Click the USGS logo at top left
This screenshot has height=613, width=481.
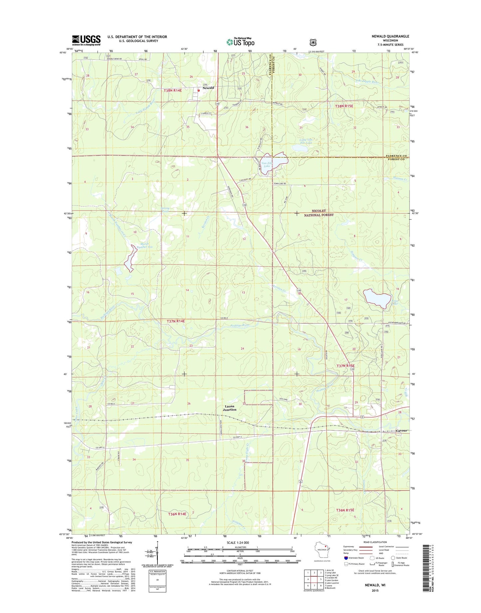[x=86, y=40]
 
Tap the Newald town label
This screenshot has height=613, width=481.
[x=208, y=88]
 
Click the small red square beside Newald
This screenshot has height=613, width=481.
[x=199, y=90]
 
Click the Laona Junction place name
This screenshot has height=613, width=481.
[x=230, y=408]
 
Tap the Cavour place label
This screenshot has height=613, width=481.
[x=401, y=431]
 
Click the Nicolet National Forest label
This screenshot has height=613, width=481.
[x=319, y=213]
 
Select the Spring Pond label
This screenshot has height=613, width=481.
[x=165, y=210]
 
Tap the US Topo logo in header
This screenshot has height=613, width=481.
[x=240, y=42]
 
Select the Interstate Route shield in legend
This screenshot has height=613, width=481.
[x=346, y=558]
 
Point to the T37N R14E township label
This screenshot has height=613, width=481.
[x=175, y=321]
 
